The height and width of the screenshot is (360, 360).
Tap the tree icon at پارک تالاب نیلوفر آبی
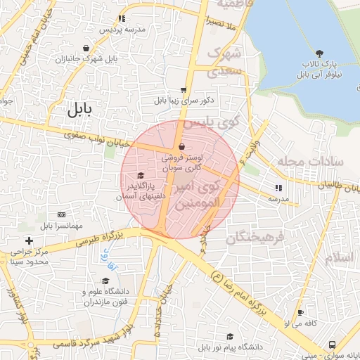click(320, 53)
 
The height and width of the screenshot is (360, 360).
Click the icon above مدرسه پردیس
click(122, 19)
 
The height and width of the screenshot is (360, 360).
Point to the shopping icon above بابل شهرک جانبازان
click(86, 49)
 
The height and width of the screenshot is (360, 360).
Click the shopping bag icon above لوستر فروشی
click(183, 147)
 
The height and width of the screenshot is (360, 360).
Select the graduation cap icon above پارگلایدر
click(140, 176)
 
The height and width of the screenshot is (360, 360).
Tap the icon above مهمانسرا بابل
click(61, 214)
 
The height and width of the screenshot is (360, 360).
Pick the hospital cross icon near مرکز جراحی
click(28, 241)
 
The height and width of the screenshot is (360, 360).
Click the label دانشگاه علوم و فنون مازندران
click(105, 297)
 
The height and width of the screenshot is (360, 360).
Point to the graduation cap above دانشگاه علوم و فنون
click(105, 281)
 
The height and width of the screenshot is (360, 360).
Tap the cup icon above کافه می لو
click(301, 313)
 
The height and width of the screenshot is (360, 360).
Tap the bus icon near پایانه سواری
click(332, 345)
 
